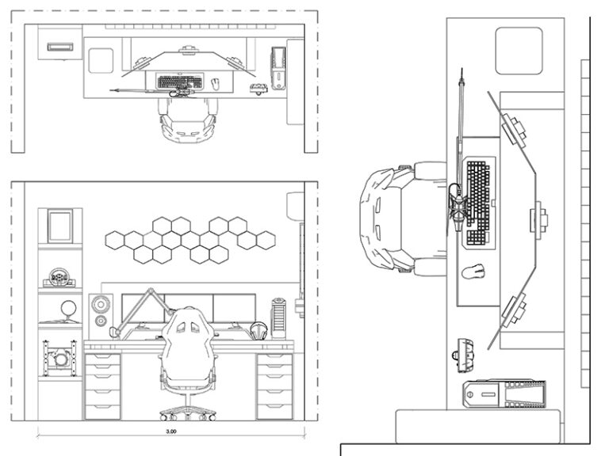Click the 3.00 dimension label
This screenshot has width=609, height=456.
pyautogui.click(x=171, y=431)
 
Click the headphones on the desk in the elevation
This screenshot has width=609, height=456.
pyautogui.click(x=258, y=331)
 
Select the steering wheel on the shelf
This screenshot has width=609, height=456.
pyautogui.click(x=59, y=277)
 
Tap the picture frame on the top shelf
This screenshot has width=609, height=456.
pyautogui.click(x=59, y=226)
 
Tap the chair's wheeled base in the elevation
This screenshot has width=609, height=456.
pyautogui.click(x=188, y=412)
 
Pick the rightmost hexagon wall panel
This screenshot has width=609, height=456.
pyautogui.click(x=266, y=237)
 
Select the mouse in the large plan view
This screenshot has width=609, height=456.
pyautogui.click(x=473, y=272)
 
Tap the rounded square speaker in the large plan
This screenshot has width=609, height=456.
pyautogui.click(x=519, y=50)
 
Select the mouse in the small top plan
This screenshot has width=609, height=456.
pyautogui.click(x=214, y=82)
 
